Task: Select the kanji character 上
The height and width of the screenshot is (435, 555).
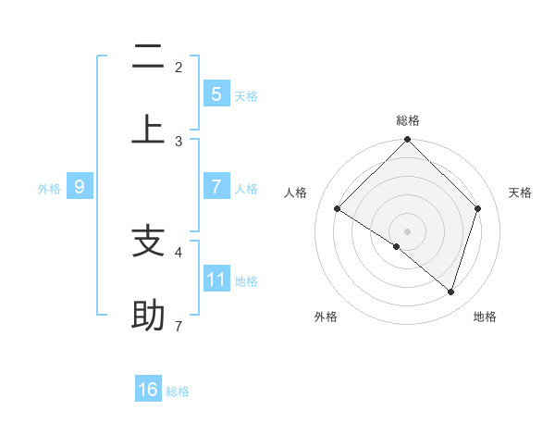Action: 148,130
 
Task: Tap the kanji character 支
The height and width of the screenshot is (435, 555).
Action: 148,242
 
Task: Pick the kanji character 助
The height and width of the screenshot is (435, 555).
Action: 148,316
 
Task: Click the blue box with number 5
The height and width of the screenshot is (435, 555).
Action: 216,93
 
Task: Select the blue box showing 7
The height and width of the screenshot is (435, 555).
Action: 216,186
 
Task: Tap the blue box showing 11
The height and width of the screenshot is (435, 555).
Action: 216,279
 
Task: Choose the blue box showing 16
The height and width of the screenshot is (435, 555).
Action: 148,390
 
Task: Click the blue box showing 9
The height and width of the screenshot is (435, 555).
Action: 80,187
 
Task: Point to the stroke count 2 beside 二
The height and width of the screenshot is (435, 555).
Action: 179,68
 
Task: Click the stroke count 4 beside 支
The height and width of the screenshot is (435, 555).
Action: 179,252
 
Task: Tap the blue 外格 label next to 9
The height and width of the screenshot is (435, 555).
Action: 49,188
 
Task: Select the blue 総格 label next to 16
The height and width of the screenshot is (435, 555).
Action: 178,391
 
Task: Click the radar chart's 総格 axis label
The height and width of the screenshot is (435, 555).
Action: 407,121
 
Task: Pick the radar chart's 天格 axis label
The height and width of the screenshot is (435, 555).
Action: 521,193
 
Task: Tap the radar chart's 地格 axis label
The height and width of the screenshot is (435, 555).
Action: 485,317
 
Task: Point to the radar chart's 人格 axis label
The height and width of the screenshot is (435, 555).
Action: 295,193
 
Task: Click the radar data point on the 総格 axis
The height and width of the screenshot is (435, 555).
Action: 407,141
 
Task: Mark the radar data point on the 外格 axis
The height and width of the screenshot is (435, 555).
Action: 397,246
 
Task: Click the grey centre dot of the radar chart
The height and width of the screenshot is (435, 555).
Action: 407,230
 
